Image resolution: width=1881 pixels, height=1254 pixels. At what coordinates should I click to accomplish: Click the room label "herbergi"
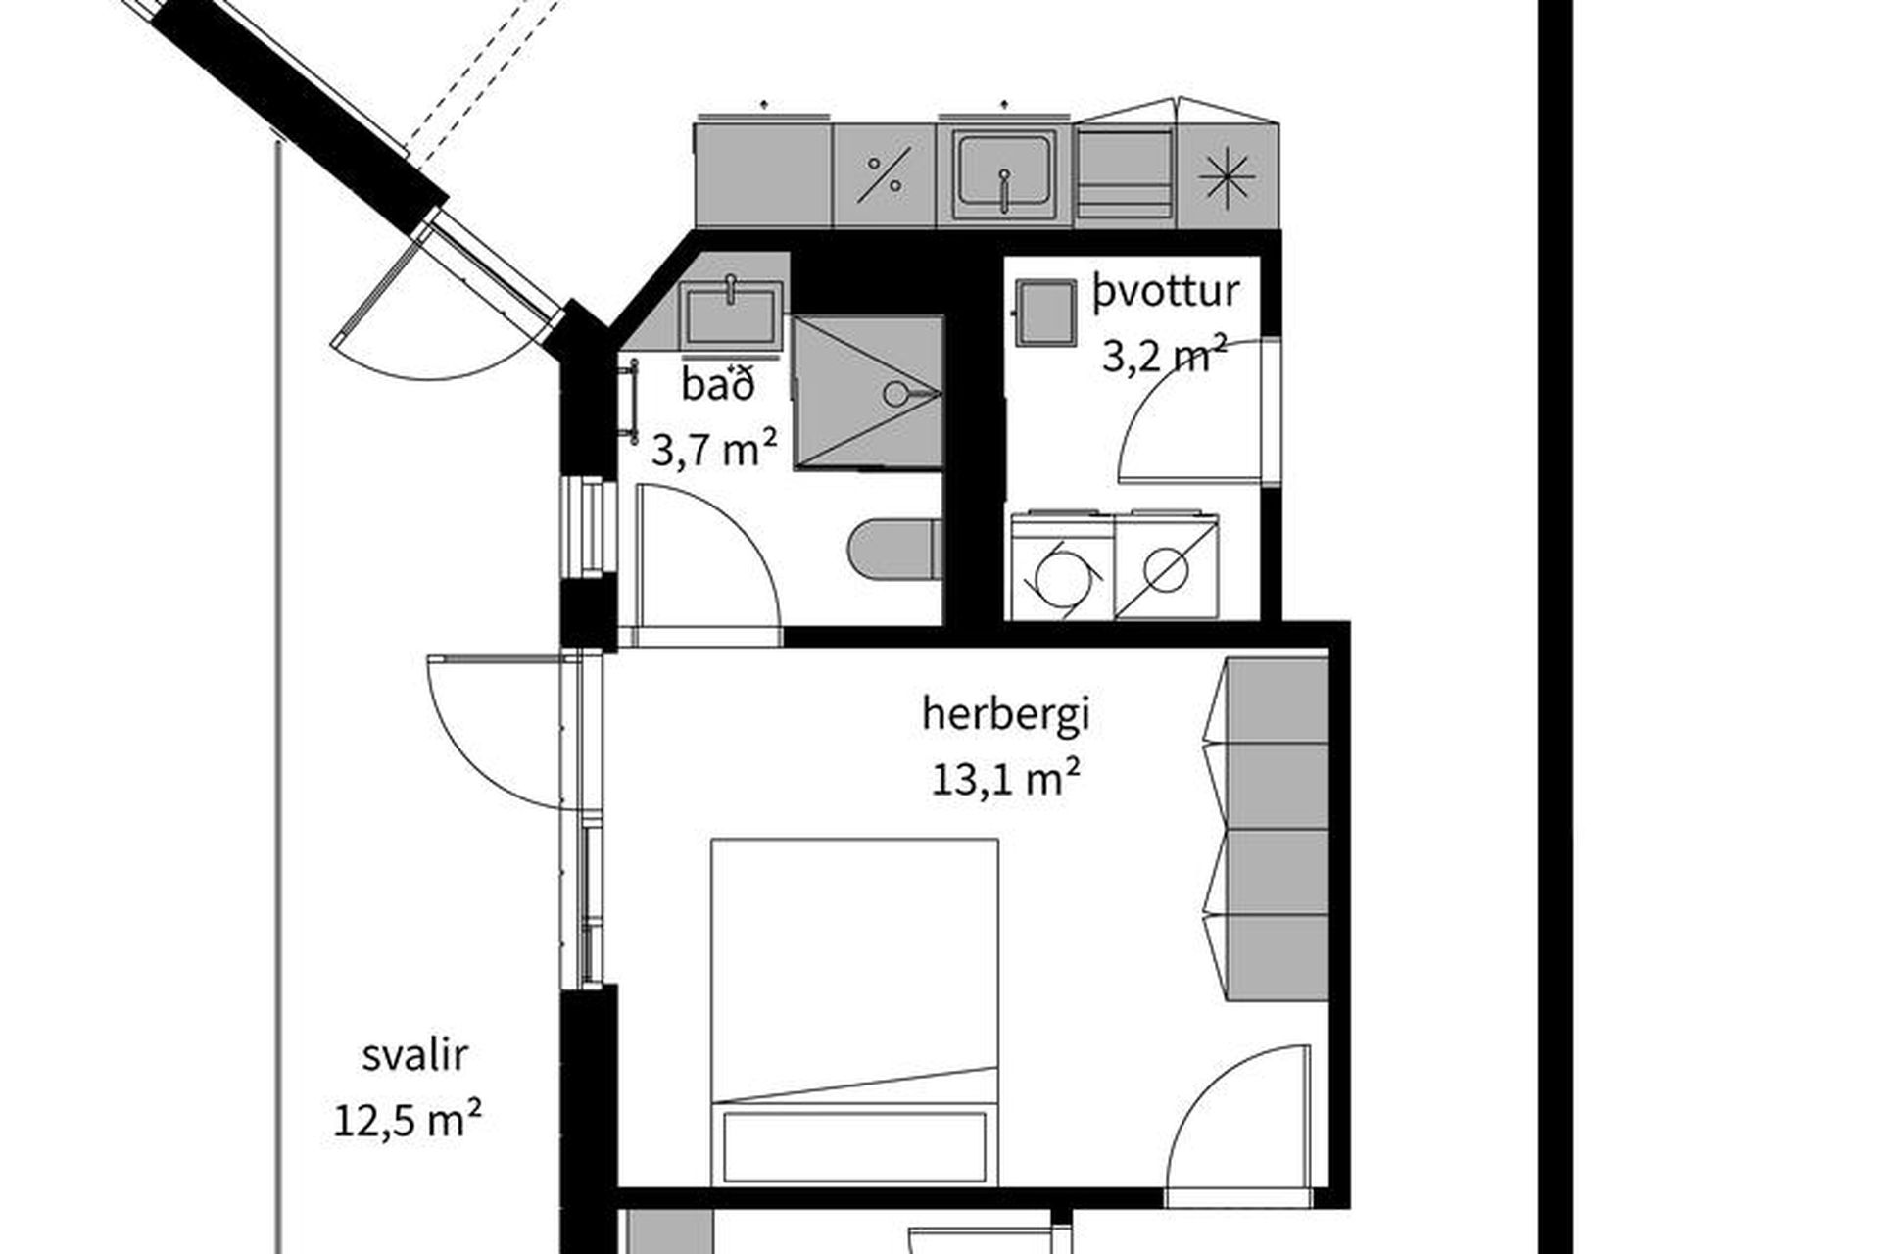[1005, 716]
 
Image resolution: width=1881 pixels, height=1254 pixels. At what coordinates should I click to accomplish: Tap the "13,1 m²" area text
[1005, 781]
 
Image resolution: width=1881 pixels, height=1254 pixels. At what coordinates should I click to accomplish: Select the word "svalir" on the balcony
[414, 1056]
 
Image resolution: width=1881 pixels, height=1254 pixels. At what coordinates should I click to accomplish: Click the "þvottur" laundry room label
[1166, 292]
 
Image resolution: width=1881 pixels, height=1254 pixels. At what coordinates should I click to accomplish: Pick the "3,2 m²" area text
[1165, 356]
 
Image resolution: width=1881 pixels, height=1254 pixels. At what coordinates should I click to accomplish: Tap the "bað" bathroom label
[719, 385]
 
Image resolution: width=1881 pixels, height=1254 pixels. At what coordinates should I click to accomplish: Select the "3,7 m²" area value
[715, 452]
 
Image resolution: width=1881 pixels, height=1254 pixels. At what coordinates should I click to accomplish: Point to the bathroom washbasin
[732, 314]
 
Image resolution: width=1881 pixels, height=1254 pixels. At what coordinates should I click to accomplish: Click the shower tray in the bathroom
[867, 392]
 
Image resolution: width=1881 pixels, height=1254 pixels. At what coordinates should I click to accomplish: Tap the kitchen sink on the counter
[1004, 174]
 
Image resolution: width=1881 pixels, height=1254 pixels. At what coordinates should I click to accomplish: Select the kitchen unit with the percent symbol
[885, 175]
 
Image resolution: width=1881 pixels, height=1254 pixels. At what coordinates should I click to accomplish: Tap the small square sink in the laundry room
[1044, 312]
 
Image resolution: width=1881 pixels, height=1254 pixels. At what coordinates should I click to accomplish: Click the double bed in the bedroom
[854, 1012]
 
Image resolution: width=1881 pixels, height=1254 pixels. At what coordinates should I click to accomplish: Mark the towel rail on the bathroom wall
[633, 402]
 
